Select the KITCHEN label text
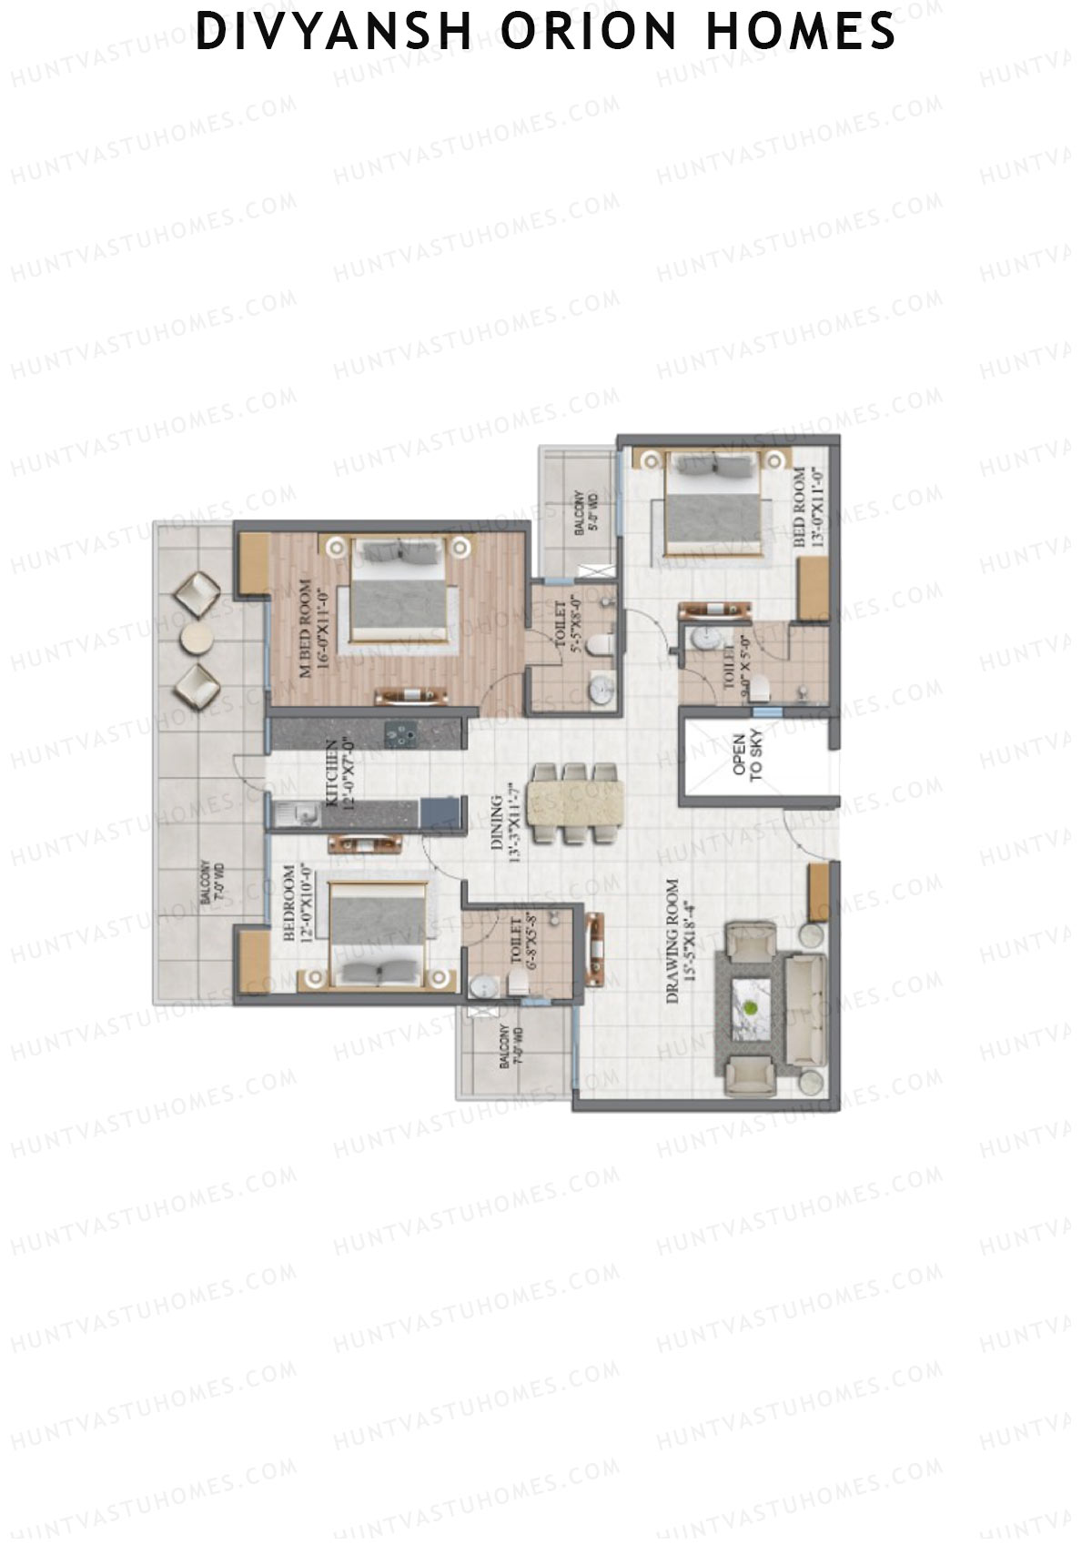[339, 772]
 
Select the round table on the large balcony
[197, 640]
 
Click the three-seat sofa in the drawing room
[804, 1010]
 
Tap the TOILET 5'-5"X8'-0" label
[568, 627]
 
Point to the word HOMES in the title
[801, 32]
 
